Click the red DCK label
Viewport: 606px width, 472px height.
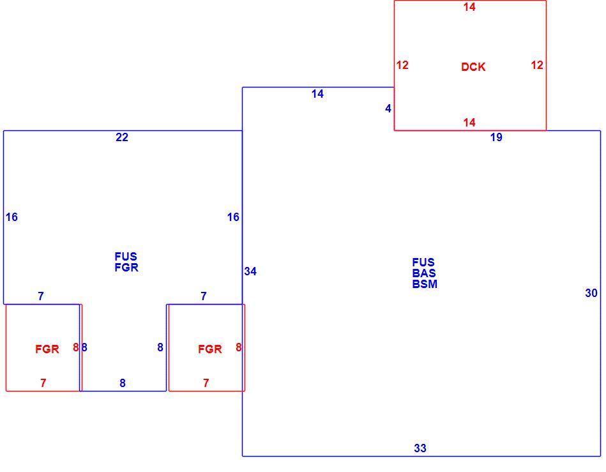pyautogui.click(x=473, y=67)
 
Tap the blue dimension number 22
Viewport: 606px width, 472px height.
pyautogui.click(x=122, y=137)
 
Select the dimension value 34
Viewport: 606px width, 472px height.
pyautogui.click(x=250, y=271)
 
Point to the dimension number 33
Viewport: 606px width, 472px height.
pyautogui.click(x=420, y=448)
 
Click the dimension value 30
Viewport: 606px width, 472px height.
pyautogui.click(x=591, y=293)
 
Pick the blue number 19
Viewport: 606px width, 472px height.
pyautogui.click(x=496, y=137)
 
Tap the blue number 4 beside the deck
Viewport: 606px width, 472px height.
pyautogui.click(x=388, y=109)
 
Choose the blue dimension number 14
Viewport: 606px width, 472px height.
pyautogui.click(x=317, y=94)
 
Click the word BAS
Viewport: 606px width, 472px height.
pyautogui.click(x=424, y=273)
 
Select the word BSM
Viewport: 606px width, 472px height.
pyautogui.click(x=425, y=284)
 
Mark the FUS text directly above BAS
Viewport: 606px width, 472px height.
pyautogui.click(x=423, y=262)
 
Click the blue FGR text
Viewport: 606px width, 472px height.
pyautogui.click(x=126, y=267)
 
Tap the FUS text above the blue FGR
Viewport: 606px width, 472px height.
pyautogui.click(x=126, y=256)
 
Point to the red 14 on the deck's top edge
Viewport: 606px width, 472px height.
pyautogui.click(x=469, y=7)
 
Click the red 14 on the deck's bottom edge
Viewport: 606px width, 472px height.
pyautogui.click(x=469, y=123)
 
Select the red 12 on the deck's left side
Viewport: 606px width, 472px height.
pyautogui.click(x=402, y=65)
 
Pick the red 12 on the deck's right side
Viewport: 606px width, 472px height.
pyautogui.click(x=537, y=65)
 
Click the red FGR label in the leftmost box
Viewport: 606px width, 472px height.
pyautogui.click(x=47, y=349)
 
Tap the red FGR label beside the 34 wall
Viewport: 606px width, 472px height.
pyautogui.click(x=210, y=349)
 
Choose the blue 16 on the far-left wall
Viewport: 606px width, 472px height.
pyautogui.click(x=11, y=217)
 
